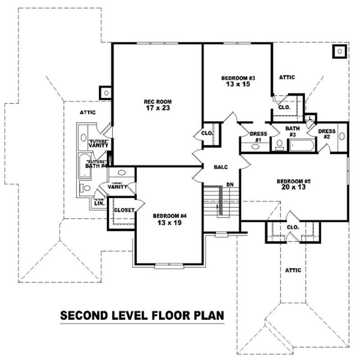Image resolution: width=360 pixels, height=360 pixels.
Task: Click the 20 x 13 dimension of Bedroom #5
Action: (x=294, y=188)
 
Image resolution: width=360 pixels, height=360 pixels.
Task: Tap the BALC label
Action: (x=221, y=167)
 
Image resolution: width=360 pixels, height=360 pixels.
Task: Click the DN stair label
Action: (x=229, y=184)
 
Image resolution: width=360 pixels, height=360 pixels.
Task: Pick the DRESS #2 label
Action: (x=326, y=134)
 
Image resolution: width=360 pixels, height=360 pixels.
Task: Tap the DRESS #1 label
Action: (x=258, y=136)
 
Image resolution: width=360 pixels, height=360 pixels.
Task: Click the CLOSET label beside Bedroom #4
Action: (x=123, y=210)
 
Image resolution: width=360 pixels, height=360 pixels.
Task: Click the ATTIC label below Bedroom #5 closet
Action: (x=292, y=270)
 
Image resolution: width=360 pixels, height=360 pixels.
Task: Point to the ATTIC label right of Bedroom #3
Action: (x=287, y=77)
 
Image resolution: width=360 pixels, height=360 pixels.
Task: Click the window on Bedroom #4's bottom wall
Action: (x=169, y=266)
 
